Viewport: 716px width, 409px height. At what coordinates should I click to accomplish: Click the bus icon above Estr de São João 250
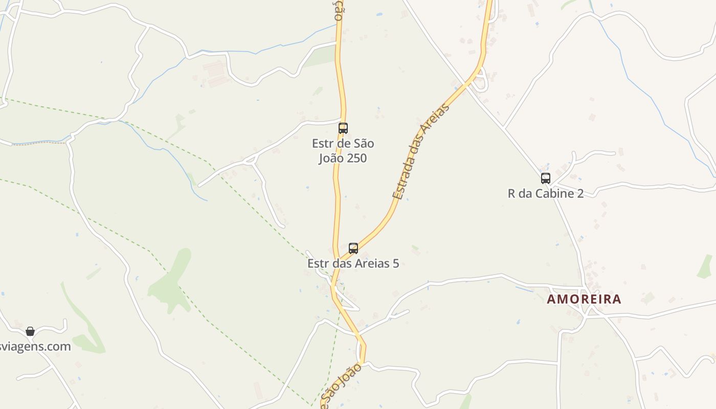click(343, 128)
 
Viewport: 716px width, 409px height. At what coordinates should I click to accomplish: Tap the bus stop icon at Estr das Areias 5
click(353, 248)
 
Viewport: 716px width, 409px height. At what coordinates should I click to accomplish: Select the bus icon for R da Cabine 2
click(546, 178)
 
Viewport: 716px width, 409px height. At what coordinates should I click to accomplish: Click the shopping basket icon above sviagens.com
click(30, 331)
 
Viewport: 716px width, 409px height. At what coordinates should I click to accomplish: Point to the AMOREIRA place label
click(584, 299)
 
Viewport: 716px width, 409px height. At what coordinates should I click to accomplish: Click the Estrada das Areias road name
click(421, 151)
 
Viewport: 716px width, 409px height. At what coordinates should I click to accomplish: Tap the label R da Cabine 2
click(546, 193)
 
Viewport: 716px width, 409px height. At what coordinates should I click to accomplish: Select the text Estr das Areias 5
click(353, 264)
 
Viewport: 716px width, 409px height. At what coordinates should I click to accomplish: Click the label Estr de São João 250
click(343, 151)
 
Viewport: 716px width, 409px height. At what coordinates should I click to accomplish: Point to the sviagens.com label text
click(35, 347)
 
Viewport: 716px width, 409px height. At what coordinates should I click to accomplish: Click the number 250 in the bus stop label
click(356, 158)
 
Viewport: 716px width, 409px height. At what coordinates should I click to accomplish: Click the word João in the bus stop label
click(331, 158)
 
